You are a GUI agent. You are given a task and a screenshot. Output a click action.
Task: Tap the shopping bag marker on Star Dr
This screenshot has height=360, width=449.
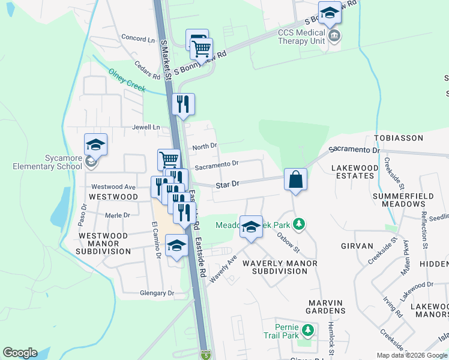[x=296, y=179]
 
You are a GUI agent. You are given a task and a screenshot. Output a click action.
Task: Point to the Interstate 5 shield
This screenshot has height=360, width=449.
[x=206, y=354]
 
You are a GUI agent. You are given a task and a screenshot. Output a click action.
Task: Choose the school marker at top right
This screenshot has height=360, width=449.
[x=330, y=13]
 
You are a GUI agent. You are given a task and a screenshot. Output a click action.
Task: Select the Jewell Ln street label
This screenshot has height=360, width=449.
[x=147, y=128]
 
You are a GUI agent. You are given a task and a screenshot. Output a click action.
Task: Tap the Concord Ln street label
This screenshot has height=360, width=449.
[x=138, y=38]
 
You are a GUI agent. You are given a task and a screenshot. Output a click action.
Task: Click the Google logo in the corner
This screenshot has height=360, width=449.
[x=20, y=353]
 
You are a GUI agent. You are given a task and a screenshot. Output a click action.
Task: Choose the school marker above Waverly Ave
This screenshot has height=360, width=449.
[x=252, y=227]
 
